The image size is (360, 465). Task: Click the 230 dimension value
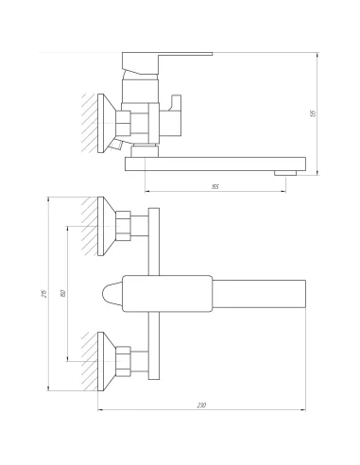tap(202, 405)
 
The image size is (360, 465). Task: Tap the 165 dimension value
tap(216, 186)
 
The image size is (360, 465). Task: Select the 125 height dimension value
tap(313, 112)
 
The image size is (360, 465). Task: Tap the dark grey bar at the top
tap(166, 48)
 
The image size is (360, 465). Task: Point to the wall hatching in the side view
tap(88, 122)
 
